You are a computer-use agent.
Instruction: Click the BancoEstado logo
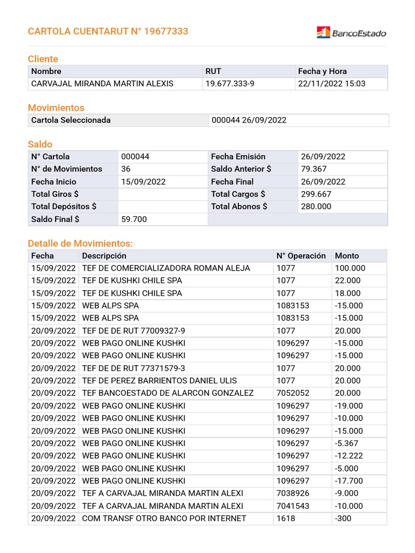351,33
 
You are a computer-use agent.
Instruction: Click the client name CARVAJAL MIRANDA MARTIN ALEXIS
102,84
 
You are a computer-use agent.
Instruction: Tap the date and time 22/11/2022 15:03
331,84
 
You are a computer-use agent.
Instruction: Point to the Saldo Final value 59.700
134,219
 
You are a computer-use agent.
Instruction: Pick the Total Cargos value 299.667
316,194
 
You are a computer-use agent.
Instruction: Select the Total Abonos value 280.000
316,206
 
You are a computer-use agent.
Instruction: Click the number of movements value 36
126,169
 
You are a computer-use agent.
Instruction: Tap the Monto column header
347,256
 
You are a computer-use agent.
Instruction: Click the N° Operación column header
301,256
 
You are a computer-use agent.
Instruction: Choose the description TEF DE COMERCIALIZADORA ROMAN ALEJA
166,268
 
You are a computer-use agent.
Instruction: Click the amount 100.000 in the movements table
350,268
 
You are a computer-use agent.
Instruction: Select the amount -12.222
349,456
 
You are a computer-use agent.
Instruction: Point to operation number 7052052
293,393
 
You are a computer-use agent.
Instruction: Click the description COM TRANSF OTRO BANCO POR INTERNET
164,518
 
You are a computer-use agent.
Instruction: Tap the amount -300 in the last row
344,518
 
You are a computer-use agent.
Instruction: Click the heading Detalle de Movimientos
80,244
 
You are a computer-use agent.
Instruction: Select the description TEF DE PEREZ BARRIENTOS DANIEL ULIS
159,381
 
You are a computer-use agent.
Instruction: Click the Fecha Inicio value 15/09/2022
143,181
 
